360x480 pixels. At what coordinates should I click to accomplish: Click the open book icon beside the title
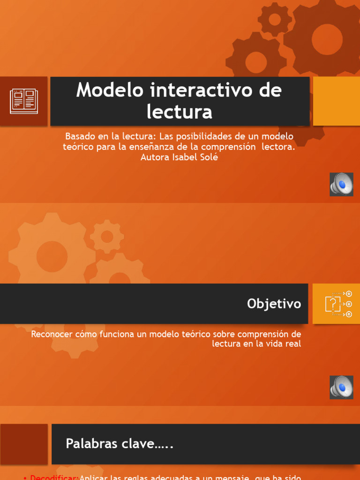24,101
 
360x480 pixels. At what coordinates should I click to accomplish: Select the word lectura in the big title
180,112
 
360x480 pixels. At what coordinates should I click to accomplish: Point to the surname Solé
209,157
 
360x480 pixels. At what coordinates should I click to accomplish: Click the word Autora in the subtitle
154,157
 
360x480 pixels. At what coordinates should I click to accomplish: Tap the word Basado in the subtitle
80,136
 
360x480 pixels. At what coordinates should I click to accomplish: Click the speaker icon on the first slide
341,184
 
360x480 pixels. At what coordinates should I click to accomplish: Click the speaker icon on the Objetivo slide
341,387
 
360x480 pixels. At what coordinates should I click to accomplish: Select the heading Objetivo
274,304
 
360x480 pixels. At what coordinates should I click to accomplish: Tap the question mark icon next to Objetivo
333,304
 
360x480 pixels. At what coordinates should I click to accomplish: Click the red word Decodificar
54,477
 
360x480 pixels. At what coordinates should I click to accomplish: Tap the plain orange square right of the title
336,101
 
